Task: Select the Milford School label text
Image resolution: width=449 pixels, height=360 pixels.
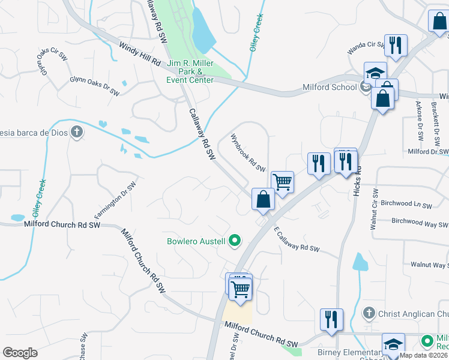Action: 328,88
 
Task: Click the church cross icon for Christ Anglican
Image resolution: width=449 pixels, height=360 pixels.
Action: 369,313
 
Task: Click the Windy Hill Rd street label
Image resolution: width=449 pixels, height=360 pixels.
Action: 140,54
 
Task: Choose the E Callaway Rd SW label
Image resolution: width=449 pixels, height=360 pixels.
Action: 297,239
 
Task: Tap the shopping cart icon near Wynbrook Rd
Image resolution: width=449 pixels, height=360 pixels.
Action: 282,181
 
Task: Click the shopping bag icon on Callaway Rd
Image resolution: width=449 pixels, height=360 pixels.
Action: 263,199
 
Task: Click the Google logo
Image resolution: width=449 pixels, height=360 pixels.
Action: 20,353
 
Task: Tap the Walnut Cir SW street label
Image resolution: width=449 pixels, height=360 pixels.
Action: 374,209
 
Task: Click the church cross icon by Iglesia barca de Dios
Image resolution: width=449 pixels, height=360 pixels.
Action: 76,132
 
